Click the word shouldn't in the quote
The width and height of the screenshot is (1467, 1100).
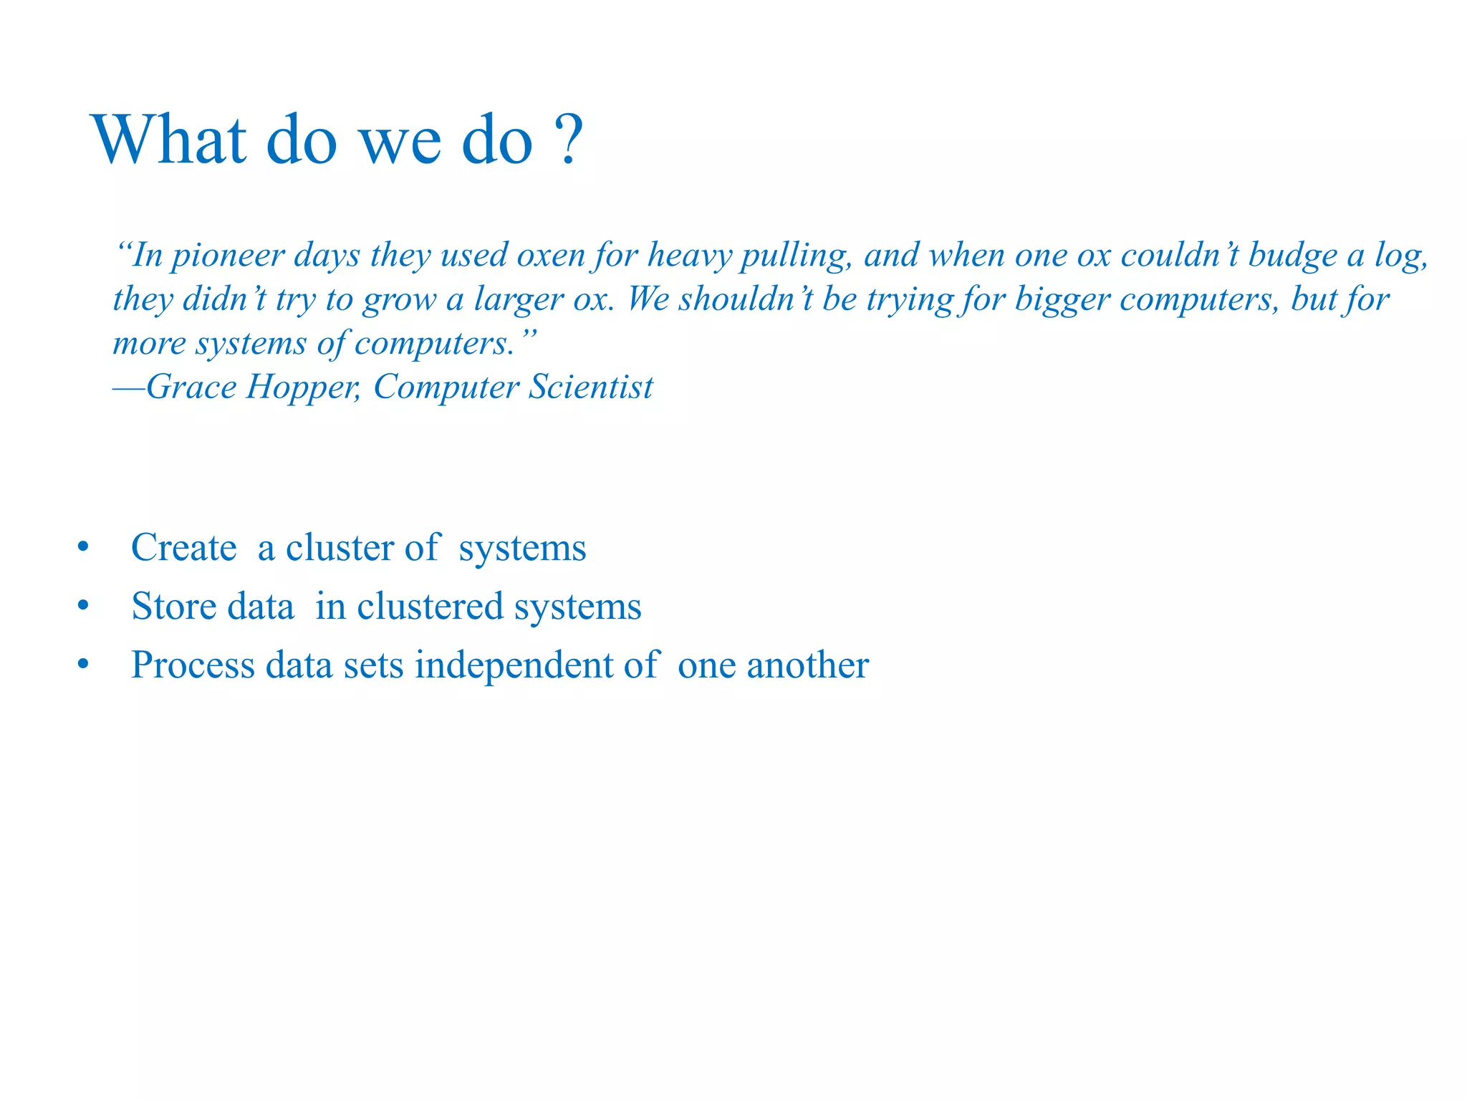tap(745, 299)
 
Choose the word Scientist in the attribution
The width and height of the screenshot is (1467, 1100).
tap(591, 387)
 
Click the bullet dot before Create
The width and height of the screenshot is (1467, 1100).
tap(84, 548)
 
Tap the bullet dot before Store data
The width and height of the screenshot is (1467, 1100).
tap(84, 607)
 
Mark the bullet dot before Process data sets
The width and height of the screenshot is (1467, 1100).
tap(84, 665)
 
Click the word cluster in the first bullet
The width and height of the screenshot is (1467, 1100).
tap(340, 548)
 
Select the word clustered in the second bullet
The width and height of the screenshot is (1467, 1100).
tap(430, 607)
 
